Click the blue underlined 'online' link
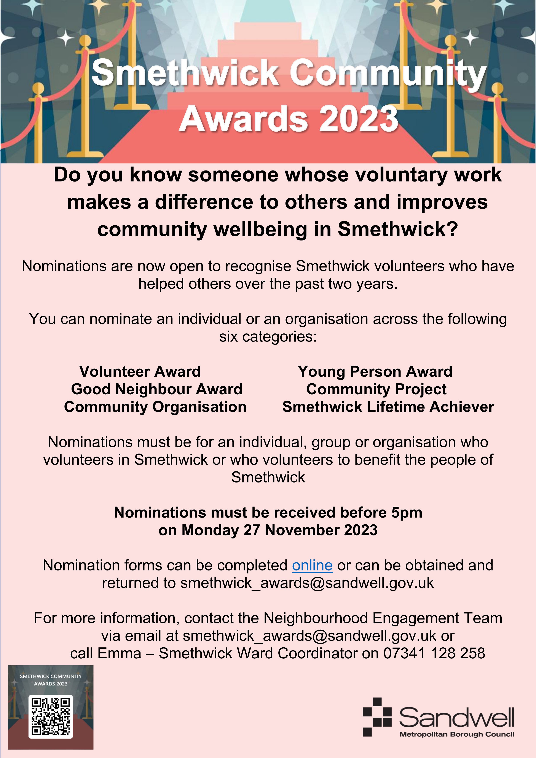click(x=312, y=565)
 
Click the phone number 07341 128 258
click(x=434, y=653)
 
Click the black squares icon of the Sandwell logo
click(x=377, y=721)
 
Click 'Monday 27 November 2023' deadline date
click(x=279, y=530)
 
